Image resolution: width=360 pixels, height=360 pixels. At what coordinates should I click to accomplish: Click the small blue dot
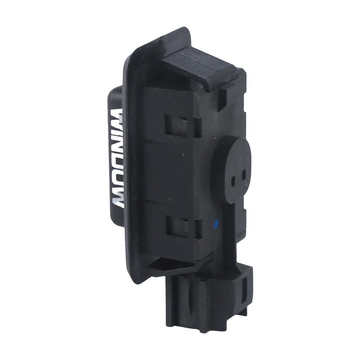tap(216, 222)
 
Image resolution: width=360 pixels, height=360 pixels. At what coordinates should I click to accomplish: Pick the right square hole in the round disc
tap(244, 173)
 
